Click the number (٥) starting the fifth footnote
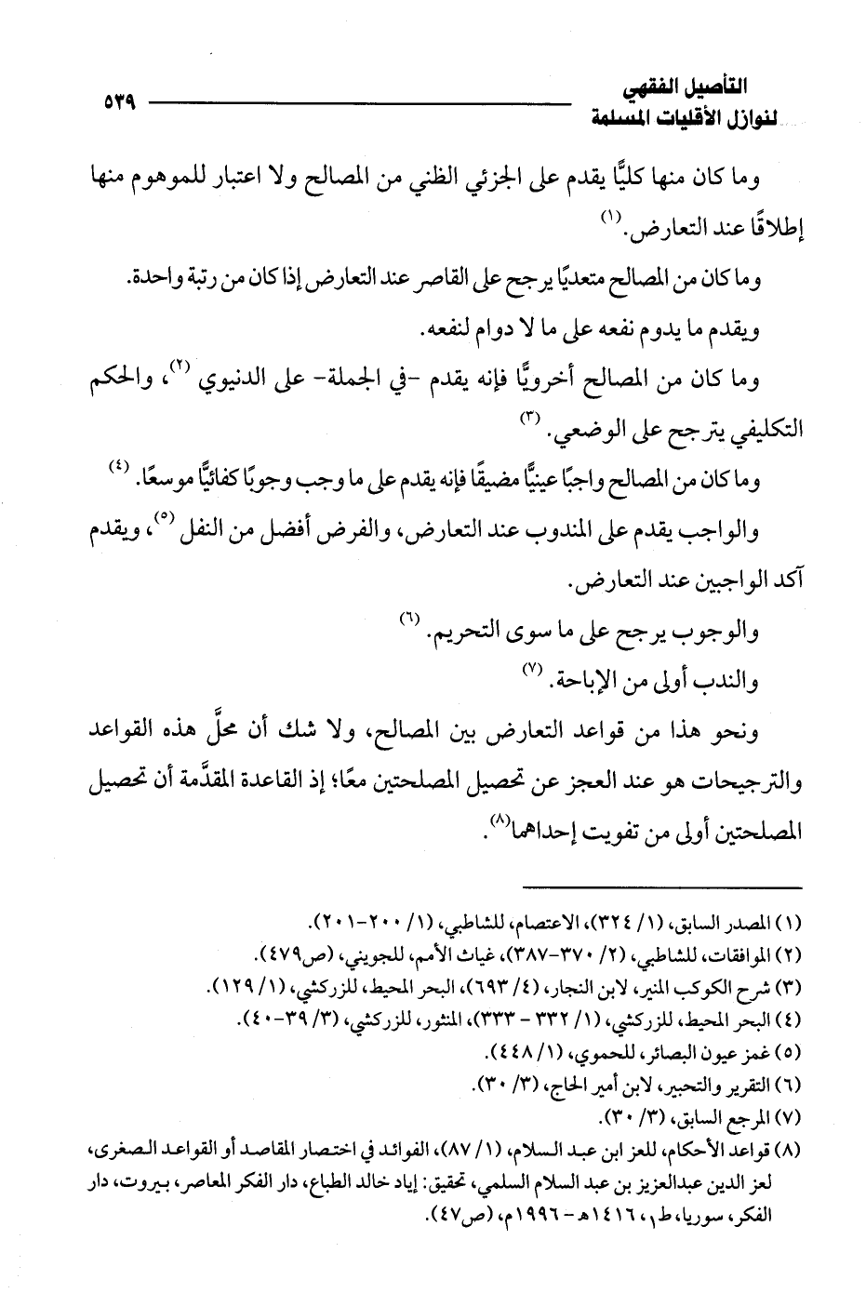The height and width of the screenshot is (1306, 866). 788,1053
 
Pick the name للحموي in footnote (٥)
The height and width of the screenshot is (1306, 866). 564,1053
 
